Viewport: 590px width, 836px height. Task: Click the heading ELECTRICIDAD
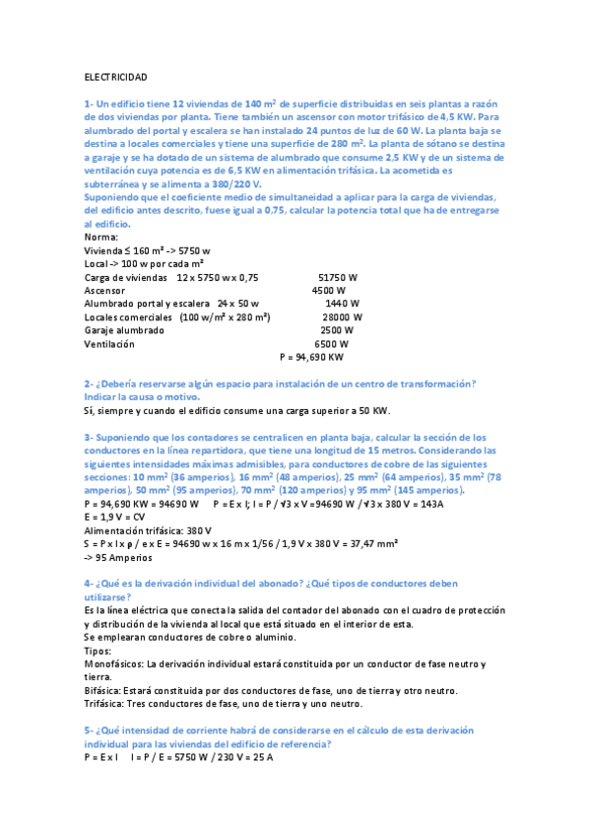116,77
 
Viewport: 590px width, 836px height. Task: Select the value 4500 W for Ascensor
328,291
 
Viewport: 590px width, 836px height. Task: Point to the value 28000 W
343,317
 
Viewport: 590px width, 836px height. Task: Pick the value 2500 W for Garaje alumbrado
337,330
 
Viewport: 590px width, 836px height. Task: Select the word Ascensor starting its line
104,291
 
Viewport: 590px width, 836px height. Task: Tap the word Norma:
101,238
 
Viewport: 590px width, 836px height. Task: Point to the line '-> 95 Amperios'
116,556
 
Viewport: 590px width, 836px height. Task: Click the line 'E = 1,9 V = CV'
115,516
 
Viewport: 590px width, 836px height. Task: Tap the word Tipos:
98,651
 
